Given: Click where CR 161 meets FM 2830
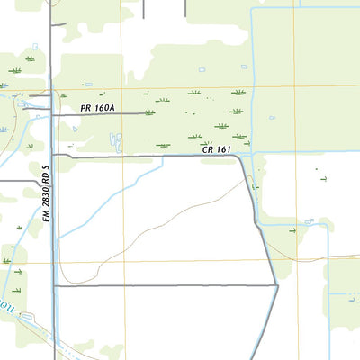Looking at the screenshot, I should [54, 155].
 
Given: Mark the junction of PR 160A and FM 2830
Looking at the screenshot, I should [53, 114].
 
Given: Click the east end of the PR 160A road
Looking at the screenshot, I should [144, 114].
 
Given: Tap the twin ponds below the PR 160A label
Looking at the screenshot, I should [116, 140].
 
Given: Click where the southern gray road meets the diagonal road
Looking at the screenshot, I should [275, 285].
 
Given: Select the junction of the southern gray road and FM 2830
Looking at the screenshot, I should [54, 285].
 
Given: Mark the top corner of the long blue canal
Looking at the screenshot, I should [253, 8].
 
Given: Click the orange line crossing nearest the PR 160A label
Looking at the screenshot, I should [123, 88].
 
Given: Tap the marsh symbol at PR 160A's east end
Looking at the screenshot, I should [149, 112].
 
